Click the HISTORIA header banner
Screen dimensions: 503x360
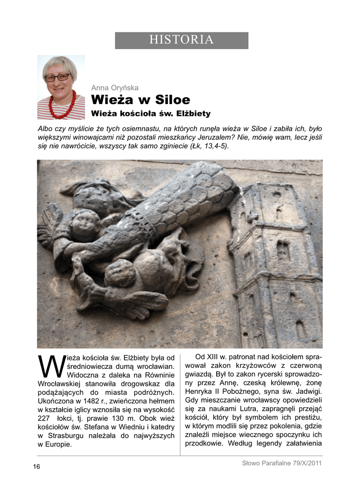pos(181,40)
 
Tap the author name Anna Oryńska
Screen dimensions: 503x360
pos(115,88)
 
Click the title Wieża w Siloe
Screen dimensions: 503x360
pos(140,100)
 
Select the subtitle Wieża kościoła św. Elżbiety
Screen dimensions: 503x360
pos(151,113)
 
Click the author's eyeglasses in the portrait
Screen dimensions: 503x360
pos(57,77)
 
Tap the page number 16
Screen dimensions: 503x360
pos(37,466)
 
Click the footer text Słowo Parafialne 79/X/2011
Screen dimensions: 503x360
pos(282,463)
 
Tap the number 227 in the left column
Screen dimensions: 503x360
pos(45,418)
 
